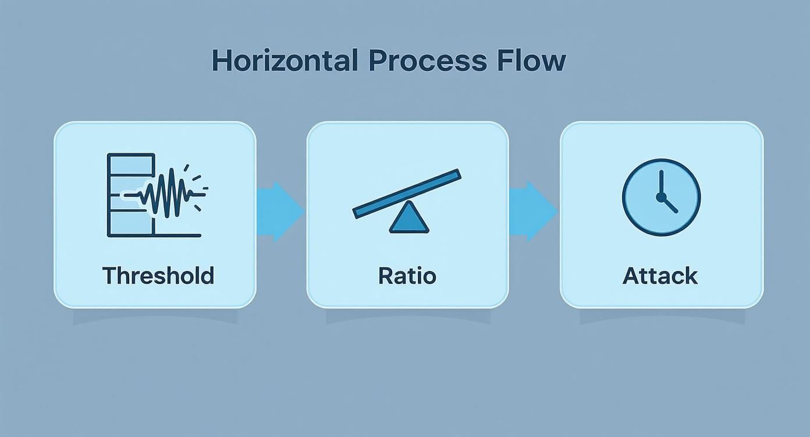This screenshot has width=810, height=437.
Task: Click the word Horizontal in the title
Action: pos(284,60)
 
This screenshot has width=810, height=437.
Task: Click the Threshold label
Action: pos(158,275)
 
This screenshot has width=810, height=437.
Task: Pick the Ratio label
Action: pos(407,275)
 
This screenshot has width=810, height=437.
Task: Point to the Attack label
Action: pos(660,275)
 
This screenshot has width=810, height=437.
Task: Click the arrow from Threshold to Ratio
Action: pos(280,211)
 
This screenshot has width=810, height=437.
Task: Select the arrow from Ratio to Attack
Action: pos(532,211)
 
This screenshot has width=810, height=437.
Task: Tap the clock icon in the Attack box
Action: pos(661,198)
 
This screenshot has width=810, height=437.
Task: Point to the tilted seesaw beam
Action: pos(407,194)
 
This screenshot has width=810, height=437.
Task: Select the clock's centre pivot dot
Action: pos(661,198)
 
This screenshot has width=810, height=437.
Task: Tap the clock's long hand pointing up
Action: pos(661,182)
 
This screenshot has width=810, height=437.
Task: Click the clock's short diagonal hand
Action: pos(670,205)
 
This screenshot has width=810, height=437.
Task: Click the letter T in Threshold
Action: pos(109,275)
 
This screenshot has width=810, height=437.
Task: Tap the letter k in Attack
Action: pos(691,275)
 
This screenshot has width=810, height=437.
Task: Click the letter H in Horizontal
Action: pos(221,60)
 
